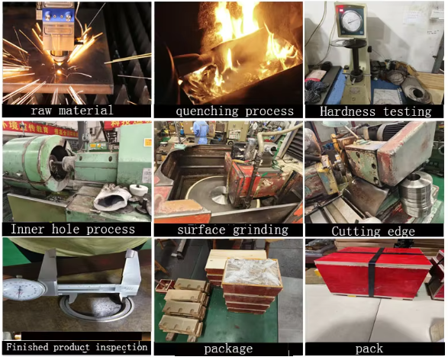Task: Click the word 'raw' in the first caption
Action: [x=41, y=111]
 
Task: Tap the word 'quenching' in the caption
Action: [x=207, y=111]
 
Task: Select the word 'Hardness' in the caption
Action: [x=347, y=111]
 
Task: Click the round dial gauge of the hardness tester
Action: [x=350, y=21]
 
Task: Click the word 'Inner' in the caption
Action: [x=27, y=230]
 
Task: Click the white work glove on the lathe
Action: [x=112, y=198]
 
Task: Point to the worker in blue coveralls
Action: [x=201, y=132]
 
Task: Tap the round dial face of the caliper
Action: [x=24, y=290]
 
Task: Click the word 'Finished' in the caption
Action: [x=27, y=347]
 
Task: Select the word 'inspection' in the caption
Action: [x=121, y=348]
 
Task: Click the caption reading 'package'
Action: [x=228, y=349]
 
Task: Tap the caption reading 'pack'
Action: [x=369, y=349]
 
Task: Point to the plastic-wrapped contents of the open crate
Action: [x=251, y=272]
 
